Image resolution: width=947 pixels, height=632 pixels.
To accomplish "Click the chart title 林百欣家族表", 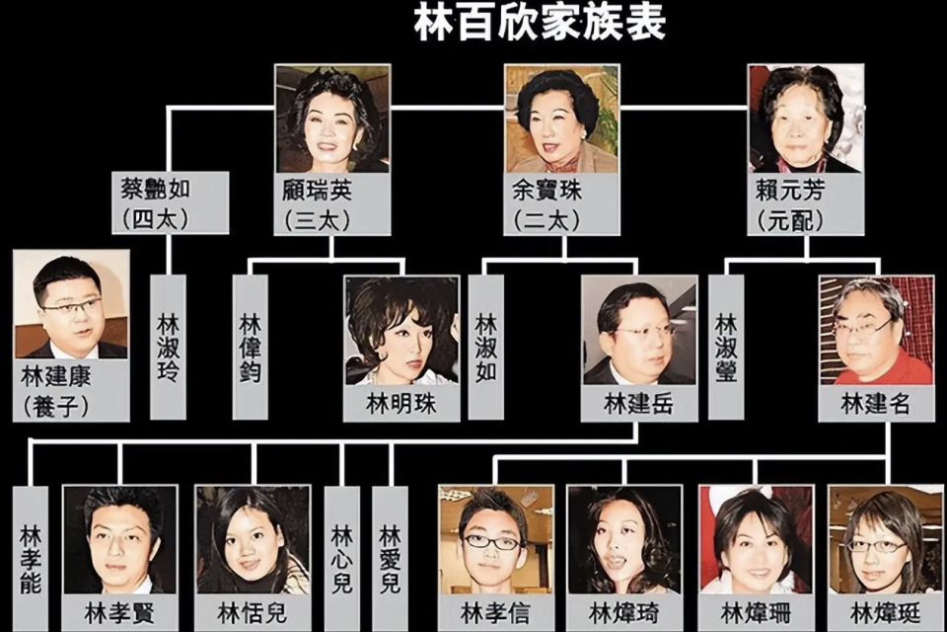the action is [x=540, y=23].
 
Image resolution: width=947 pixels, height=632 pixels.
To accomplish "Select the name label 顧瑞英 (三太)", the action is [x=332, y=204].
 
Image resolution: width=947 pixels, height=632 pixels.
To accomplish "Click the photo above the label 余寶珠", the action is [x=562, y=119].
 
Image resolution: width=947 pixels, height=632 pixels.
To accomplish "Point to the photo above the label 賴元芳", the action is [x=806, y=119].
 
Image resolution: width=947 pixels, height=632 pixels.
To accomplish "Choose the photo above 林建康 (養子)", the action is [x=71, y=304].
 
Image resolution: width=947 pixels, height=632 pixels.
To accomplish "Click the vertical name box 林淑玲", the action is [x=168, y=348].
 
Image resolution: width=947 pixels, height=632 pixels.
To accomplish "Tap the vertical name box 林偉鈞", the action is [x=250, y=348].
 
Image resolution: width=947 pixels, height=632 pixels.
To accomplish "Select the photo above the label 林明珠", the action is [x=401, y=331].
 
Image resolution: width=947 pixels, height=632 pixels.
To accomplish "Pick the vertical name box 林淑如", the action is [x=486, y=348].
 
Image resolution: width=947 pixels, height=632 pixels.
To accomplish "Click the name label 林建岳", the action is [x=639, y=403].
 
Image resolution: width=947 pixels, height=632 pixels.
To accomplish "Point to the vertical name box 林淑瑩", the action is [x=726, y=348].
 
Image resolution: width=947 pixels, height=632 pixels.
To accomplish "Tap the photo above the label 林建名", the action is [x=876, y=331].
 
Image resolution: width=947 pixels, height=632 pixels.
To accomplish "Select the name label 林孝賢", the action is [x=120, y=613].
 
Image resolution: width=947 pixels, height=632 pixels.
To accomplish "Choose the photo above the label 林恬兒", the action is [x=253, y=541].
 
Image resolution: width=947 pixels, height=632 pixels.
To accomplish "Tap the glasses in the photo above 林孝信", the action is [x=491, y=542].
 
